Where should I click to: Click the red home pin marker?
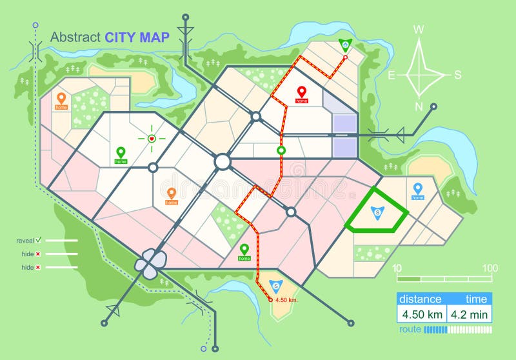pos(301,94)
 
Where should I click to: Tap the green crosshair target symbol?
pos(152,138)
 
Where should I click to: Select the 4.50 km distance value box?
pos(422,314)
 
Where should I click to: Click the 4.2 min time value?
pos(470,314)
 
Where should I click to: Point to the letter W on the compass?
pos(419,29)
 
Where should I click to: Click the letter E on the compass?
pos(391,75)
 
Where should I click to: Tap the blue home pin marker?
pos(418,190)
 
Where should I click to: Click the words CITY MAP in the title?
pos(137,37)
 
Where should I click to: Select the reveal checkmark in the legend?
pos(38,239)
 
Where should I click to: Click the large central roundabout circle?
pos(223,161)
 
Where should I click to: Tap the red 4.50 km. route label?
pos(286,300)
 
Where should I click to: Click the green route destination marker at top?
pos(346,45)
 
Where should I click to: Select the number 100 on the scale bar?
pos(490,268)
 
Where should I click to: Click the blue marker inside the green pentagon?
pos(377,211)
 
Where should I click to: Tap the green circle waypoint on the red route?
pos(281,151)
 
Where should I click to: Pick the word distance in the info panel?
pos(420,299)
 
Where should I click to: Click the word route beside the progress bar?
pos(410,329)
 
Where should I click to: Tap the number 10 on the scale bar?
pos(397,268)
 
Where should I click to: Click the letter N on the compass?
pos(419,107)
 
